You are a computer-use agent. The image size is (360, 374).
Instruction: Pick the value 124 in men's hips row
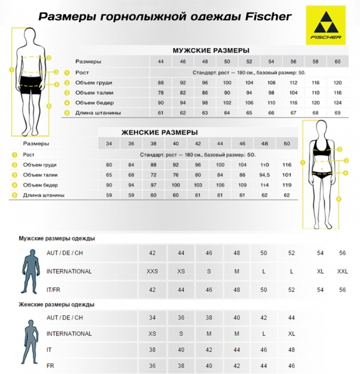(338, 103)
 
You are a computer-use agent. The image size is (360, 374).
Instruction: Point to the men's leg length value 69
(338, 113)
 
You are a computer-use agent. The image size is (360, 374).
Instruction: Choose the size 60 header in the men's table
(338, 62)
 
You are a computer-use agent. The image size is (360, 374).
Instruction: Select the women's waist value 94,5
(264, 175)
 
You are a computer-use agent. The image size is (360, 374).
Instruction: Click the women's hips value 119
(287, 185)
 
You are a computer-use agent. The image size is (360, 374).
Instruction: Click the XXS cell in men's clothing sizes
(152, 271)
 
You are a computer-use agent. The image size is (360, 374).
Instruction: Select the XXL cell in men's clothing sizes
(341, 271)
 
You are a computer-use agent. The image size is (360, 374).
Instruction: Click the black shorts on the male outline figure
(32, 84)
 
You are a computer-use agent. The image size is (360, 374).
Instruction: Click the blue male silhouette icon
(28, 272)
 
